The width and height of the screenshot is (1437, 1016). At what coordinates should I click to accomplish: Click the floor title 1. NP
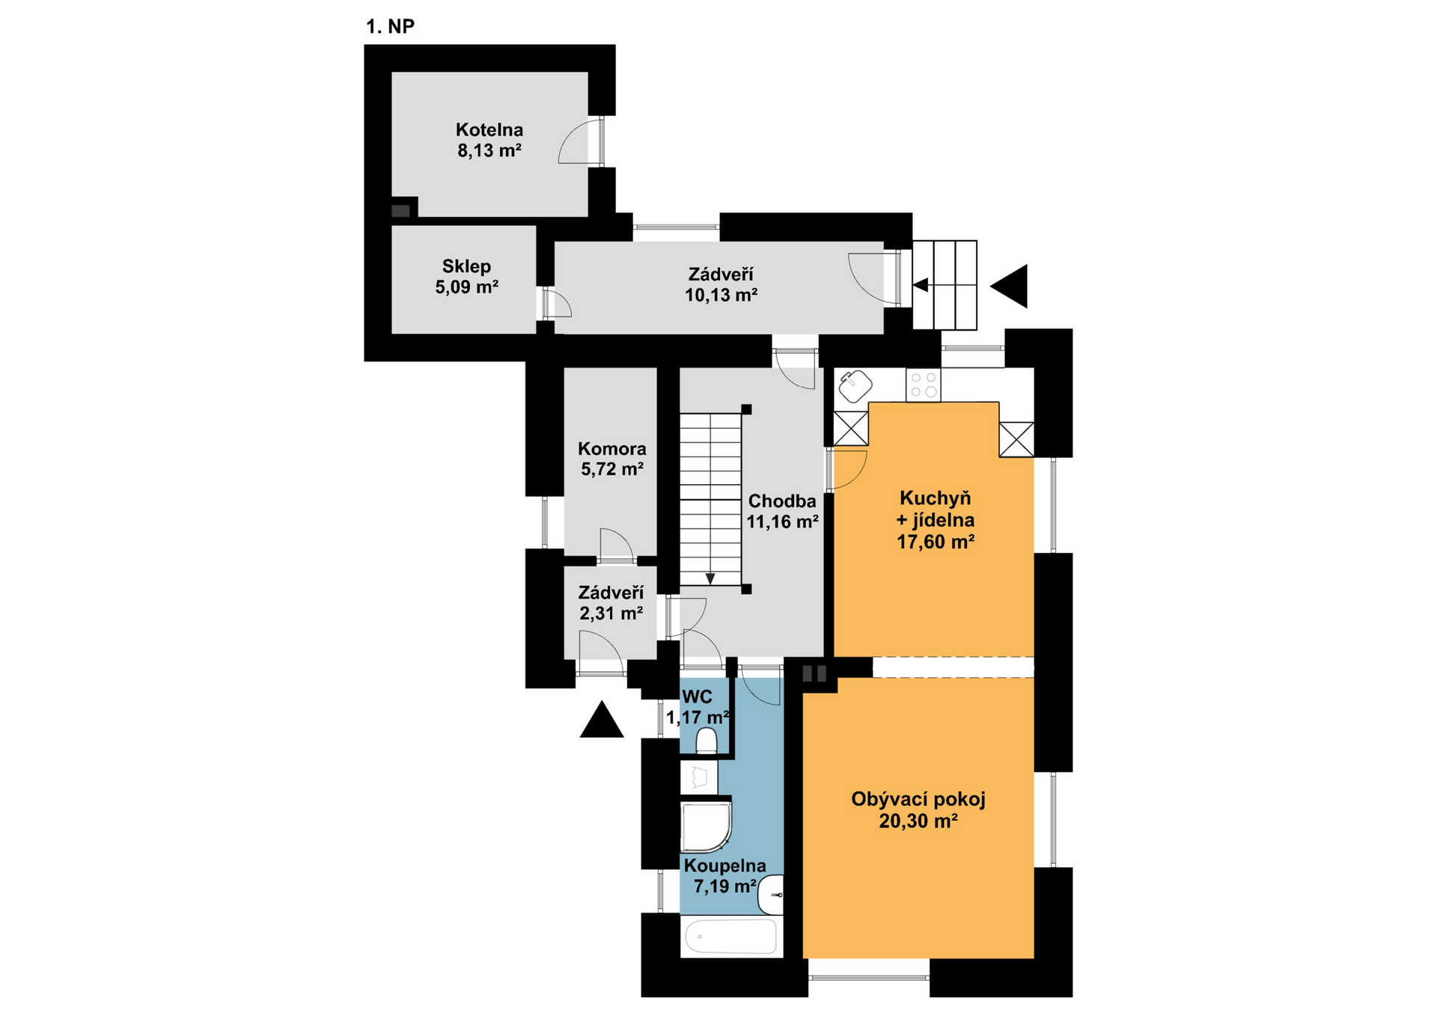[x=390, y=26]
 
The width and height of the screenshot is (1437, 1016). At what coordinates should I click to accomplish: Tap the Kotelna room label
[x=489, y=129]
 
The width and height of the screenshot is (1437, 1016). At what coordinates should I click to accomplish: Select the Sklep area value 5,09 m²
[x=467, y=287]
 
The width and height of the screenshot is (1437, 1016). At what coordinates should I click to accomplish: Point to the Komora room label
[x=612, y=449]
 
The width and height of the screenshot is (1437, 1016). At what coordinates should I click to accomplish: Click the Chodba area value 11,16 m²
[x=782, y=521]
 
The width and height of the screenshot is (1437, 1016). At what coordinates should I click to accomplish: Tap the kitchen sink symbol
[x=855, y=387]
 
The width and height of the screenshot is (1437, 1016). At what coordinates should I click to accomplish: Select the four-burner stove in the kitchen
[x=923, y=385]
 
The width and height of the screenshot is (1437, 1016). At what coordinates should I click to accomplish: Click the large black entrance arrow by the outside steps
[x=1010, y=286]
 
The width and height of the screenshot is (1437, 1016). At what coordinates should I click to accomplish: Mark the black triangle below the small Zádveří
[x=602, y=720]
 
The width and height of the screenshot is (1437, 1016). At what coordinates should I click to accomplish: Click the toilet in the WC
[x=707, y=741]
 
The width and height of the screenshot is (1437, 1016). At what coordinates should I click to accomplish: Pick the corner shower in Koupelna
[x=706, y=827]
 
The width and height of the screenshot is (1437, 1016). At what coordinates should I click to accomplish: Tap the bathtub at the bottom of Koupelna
[x=731, y=937]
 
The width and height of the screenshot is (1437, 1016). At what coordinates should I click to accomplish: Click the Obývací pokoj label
[x=918, y=799]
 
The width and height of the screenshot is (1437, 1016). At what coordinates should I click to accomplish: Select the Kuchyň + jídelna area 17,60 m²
[x=936, y=542]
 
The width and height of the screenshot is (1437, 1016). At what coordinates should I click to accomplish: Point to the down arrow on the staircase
[x=710, y=578]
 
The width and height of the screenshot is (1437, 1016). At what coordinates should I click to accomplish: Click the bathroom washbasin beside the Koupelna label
[x=771, y=895]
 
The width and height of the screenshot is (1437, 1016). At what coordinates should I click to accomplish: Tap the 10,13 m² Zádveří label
[x=721, y=295]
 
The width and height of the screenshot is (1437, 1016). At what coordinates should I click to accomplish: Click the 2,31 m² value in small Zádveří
[x=611, y=613]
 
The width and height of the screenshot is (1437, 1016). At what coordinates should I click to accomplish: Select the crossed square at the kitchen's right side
[x=1016, y=439]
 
